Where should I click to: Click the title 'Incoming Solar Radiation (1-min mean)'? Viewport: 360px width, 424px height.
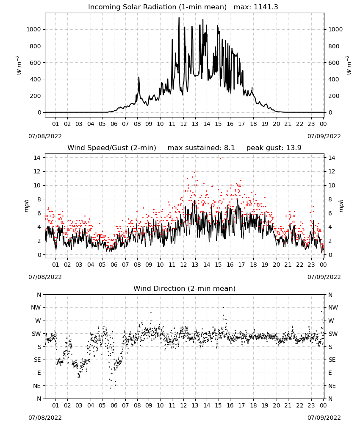click(157, 7)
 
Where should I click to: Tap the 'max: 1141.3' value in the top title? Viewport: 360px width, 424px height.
click(256, 7)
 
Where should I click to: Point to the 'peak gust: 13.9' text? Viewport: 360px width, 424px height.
click(274, 148)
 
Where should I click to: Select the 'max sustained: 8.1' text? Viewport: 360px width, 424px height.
click(201, 148)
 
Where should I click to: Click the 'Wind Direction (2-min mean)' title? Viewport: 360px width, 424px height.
click(185, 288)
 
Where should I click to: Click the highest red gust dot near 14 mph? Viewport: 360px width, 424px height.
click(220, 159)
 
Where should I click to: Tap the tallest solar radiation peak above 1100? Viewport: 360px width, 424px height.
click(179, 18)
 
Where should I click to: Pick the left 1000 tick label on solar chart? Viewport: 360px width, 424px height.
click(34, 30)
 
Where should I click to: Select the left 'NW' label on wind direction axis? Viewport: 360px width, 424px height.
click(36, 308)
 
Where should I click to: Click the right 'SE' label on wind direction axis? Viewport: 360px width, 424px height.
click(332, 360)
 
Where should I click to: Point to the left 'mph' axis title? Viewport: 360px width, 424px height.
click(26, 206)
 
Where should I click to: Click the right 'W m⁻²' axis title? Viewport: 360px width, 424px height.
click(349, 65)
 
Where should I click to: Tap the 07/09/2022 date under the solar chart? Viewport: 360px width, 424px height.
click(324, 136)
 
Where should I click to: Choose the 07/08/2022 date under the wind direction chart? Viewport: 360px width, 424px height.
click(45, 418)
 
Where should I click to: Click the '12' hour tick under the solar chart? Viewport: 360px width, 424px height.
click(184, 124)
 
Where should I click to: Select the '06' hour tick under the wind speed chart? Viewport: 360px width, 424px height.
click(114, 265)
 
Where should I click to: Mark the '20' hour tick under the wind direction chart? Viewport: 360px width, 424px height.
click(277, 405)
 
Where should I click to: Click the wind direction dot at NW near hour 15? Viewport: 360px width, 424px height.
click(223, 307)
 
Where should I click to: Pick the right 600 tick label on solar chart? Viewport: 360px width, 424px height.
click(334, 63)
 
